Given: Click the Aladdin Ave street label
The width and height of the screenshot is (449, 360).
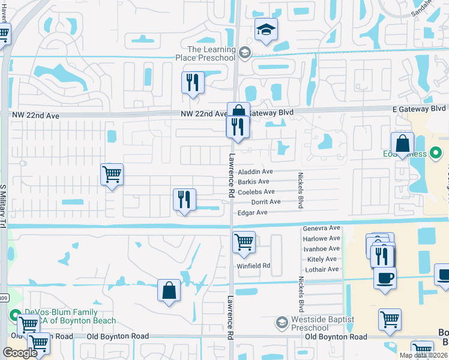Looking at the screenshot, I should coord(256,172).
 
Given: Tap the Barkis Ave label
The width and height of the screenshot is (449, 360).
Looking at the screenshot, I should coord(253,182).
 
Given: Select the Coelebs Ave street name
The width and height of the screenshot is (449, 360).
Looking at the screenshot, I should coord(256,192).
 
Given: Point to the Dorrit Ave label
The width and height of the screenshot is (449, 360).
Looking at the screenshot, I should coord(266,202).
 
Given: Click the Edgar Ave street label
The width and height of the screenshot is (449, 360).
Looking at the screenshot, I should coord(253,212).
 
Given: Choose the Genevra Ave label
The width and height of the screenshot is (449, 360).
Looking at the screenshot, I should coord(322,229).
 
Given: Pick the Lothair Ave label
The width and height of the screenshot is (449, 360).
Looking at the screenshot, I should coord(322,269).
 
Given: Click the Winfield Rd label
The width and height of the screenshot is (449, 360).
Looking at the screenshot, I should coord(255,265).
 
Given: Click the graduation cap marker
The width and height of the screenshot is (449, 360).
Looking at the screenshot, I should coord(265,29).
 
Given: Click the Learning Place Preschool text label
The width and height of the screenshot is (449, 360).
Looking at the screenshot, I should coord(211,53).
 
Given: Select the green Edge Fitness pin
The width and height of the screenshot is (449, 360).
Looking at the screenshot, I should coord(436,154).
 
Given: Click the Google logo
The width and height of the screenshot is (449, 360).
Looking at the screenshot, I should coord(20,353).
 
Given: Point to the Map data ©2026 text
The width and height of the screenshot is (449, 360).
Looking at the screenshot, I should coord(423,355).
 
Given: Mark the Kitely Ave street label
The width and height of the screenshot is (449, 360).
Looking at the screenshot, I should coord(322,259).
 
